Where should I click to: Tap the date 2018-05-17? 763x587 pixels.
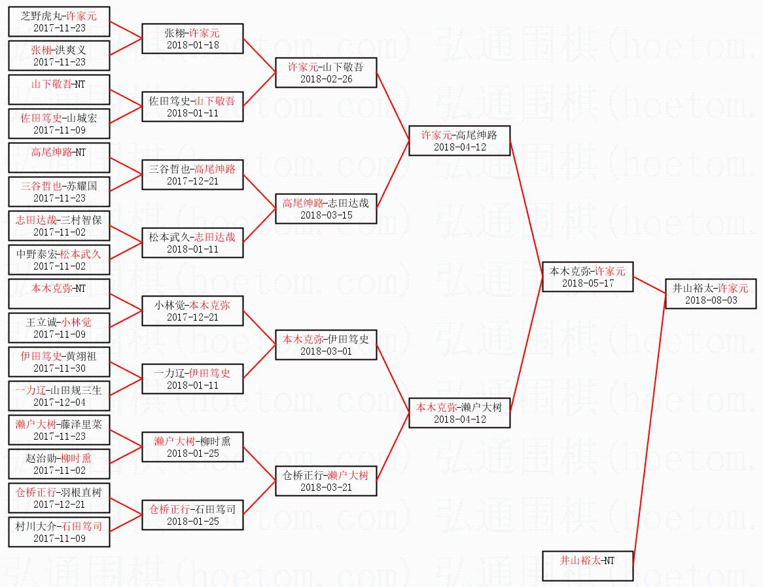pos(588,283)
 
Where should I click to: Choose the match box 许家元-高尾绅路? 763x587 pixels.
pos(459,141)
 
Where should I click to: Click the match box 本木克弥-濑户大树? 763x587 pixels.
pos(459,413)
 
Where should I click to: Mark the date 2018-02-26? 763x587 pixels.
pos(326,79)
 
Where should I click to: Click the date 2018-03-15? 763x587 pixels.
pos(326,215)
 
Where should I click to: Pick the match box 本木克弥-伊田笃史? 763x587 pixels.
pos(326,345)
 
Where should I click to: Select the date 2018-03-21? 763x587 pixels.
pos(326,488)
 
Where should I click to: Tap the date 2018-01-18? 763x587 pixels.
pos(192,45)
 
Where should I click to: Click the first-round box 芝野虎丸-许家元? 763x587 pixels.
pos(60,22)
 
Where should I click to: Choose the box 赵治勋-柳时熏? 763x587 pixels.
pos(60,464)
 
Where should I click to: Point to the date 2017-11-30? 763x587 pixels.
pos(60,368)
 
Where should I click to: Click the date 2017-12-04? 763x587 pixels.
pos(60,402)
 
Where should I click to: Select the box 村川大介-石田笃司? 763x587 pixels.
pos(60,532)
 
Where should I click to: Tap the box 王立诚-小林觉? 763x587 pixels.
pos(60,328)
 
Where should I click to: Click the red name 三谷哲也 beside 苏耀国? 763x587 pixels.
pos(41,186)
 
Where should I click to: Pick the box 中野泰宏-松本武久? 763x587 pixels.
pos(60,260)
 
